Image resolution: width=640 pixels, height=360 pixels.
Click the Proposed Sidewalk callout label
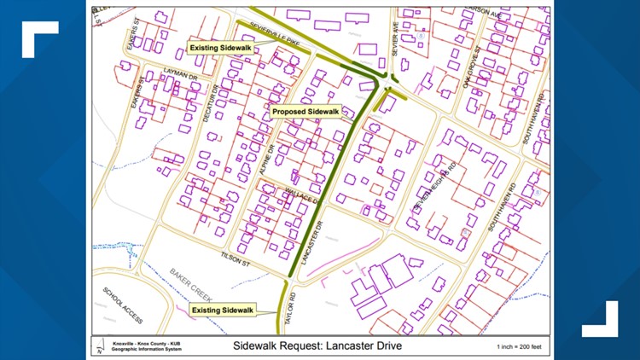tap(305, 111)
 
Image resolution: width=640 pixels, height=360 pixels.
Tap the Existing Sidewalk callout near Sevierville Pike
tap(220, 48)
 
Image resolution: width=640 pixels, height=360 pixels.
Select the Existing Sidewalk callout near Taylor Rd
tap(223, 309)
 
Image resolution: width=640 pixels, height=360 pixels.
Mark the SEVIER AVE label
tap(396, 37)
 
